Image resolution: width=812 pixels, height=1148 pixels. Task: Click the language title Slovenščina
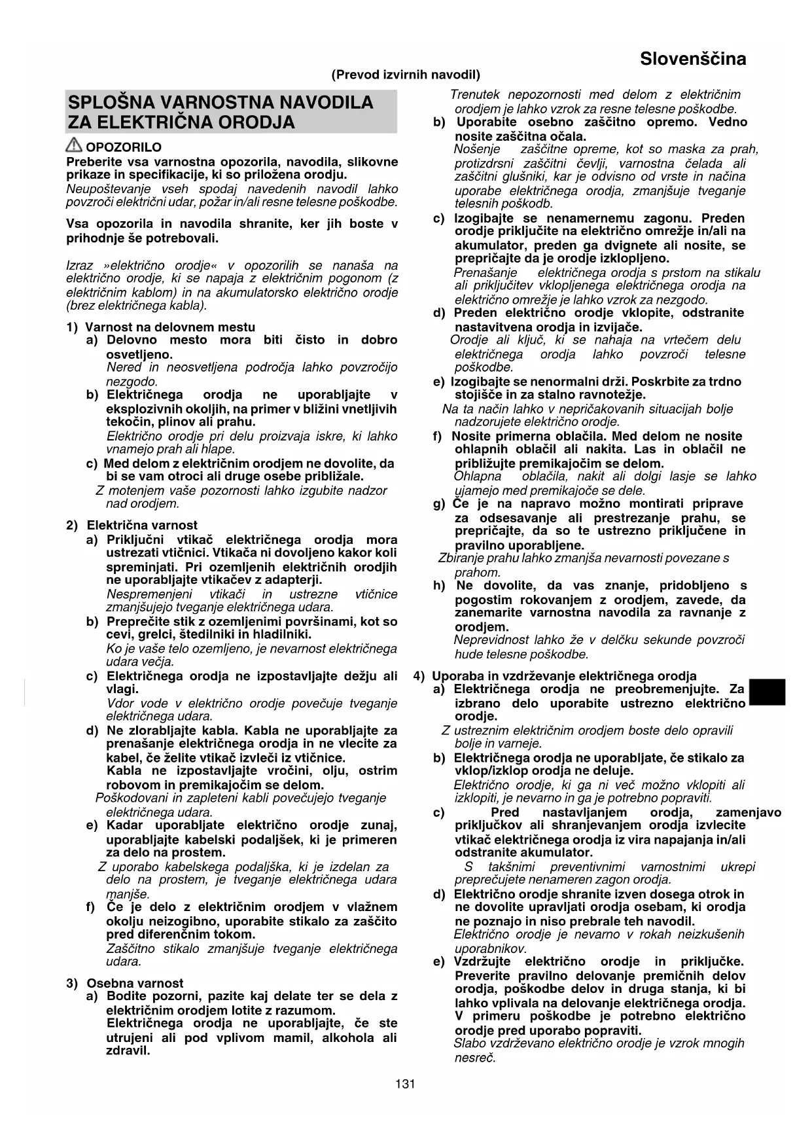pyautogui.click(x=692, y=59)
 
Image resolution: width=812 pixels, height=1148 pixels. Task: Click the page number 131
pyautogui.click(x=405, y=1084)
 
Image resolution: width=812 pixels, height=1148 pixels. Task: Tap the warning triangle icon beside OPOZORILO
pyautogui.click(x=74, y=147)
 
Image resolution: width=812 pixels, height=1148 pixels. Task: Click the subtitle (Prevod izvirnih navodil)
pyautogui.click(x=406, y=75)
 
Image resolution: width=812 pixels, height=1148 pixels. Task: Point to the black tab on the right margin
pyautogui.click(x=767, y=692)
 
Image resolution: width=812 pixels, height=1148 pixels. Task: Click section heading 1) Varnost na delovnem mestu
pyautogui.click(x=161, y=327)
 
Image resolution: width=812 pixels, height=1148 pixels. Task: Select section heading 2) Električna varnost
pyautogui.click(x=132, y=525)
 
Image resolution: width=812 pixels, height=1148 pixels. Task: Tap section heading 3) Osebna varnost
pyautogui.click(x=125, y=982)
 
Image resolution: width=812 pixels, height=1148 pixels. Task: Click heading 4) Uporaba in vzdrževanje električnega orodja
pyautogui.click(x=556, y=675)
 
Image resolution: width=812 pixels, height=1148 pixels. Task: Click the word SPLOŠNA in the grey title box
pyautogui.click(x=111, y=102)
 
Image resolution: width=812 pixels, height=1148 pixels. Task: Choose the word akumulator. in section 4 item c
pyautogui.click(x=557, y=852)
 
